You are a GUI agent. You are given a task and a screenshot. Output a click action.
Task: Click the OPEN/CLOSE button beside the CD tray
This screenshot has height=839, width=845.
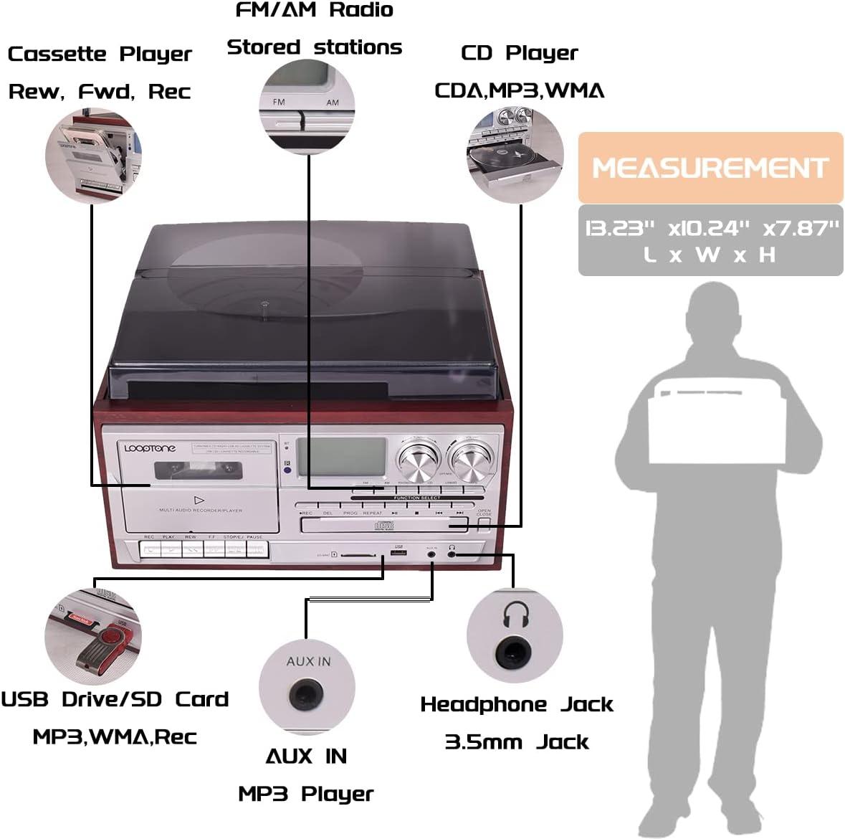pyautogui.click(x=484, y=524)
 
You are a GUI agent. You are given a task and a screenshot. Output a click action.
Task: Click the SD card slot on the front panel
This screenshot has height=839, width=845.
pyautogui.click(x=356, y=554)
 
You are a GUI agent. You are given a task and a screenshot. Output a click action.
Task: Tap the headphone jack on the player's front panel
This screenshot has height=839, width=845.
pyautogui.click(x=452, y=554)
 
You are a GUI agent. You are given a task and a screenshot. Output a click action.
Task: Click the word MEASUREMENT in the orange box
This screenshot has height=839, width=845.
pyautogui.click(x=710, y=168)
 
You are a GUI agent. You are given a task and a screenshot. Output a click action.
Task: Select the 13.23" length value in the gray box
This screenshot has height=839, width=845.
pyautogui.click(x=621, y=228)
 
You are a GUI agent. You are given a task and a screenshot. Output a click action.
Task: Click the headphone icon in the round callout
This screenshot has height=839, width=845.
pyautogui.click(x=515, y=613)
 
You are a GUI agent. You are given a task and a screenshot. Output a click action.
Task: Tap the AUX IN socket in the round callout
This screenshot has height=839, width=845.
pyautogui.click(x=306, y=695)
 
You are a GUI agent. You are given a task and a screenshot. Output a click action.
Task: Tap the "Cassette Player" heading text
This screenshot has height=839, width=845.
pyautogui.click(x=100, y=54)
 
